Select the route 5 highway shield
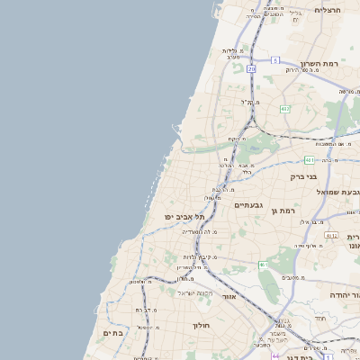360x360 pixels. [274, 59]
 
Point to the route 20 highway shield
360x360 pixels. [251, 68]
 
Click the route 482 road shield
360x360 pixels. [285, 109]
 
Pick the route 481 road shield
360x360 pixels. [309, 160]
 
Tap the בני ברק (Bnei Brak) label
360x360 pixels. [303, 176]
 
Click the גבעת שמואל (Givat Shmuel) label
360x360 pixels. [337, 192]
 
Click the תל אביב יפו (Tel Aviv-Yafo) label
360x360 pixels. [185, 217]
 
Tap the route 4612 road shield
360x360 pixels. [331, 236]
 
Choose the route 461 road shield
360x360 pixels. [263, 265]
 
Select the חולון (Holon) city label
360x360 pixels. [200, 325]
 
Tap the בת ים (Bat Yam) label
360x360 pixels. [112, 332]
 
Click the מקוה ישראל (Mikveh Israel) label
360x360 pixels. [193, 293]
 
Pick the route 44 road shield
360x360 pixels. [276, 357]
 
